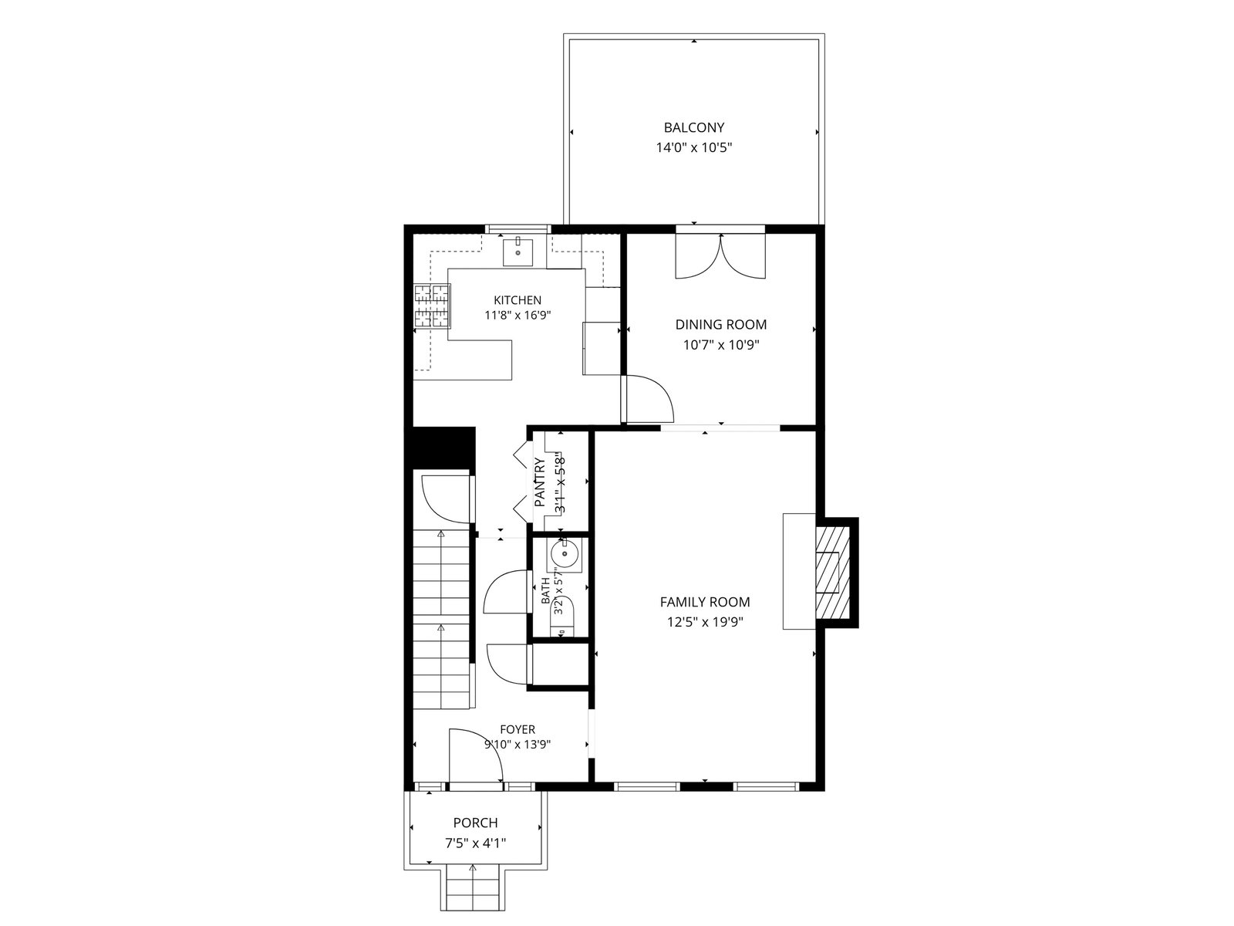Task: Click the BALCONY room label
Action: click(693, 127)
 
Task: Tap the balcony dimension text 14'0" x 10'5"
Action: click(693, 148)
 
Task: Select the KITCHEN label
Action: click(518, 300)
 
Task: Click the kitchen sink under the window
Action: click(518, 251)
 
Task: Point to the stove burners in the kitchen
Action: click(433, 306)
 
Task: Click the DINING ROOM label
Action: click(720, 324)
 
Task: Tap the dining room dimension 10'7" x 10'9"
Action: click(720, 345)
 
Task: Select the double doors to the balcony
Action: click(720, 256)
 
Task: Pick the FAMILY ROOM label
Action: click(705, 602)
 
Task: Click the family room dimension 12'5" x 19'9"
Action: click(705, 622)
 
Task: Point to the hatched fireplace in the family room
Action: click(833, 573)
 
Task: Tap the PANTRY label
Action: click(540, 482)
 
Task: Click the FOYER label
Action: click(518, 729)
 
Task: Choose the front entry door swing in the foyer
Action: click(476, 755)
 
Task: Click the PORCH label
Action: click(476, 823)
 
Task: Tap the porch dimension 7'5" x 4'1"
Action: click(476, 843)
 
